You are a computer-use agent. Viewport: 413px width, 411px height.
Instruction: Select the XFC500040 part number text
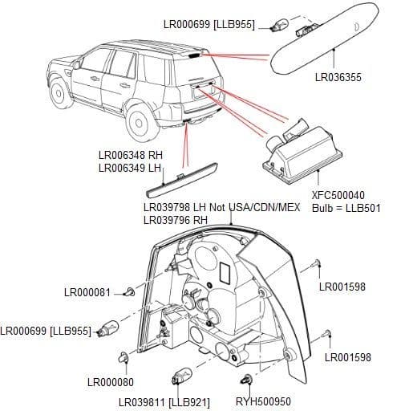pos(338,195)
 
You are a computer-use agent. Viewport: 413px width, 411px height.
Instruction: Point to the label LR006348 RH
pos(131,155)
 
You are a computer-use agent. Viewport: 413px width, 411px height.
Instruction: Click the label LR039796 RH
pos(175,219)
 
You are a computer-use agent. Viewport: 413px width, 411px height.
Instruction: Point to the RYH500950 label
pos(262,401)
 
